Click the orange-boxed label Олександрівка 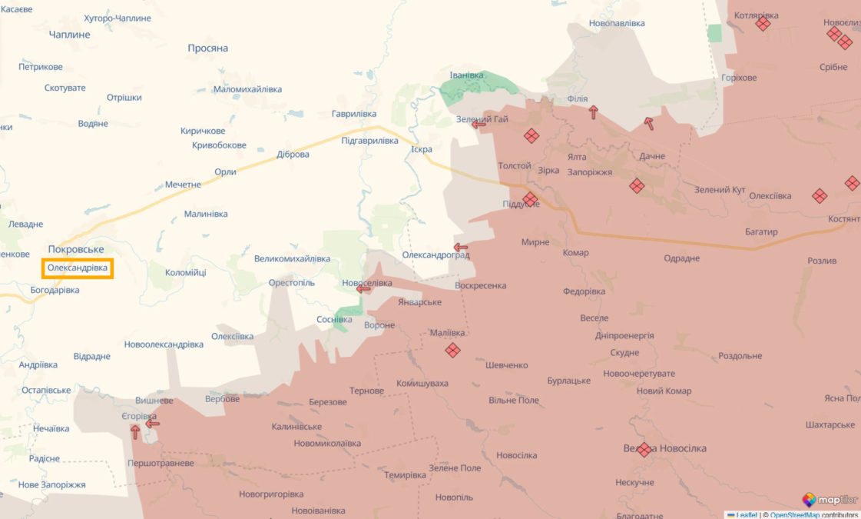[x=78, y=268]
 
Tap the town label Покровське [x=75, y=249]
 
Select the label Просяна [x=208, y=48]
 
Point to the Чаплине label [x=69, y=35]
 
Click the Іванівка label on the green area [x=466, y=75]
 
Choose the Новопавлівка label [x=617, y=24]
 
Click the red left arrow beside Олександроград [x=461, y=248]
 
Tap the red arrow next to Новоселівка [x=364, y=289]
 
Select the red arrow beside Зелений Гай [x=479, y=125]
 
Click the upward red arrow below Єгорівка [x=135, y=432]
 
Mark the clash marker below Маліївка [x=453, y=351]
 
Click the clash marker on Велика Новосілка [x=644, y=450]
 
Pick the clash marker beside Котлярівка [x=763, y=24]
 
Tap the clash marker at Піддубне [x=530, y=200]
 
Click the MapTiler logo [x=830, y=500]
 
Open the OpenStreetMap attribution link [x=794, y=515]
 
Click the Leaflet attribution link [x=746, y=515]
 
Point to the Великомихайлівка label [x=292, y=259]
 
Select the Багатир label [x=761, y=231]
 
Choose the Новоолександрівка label [x=164, y=344]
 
